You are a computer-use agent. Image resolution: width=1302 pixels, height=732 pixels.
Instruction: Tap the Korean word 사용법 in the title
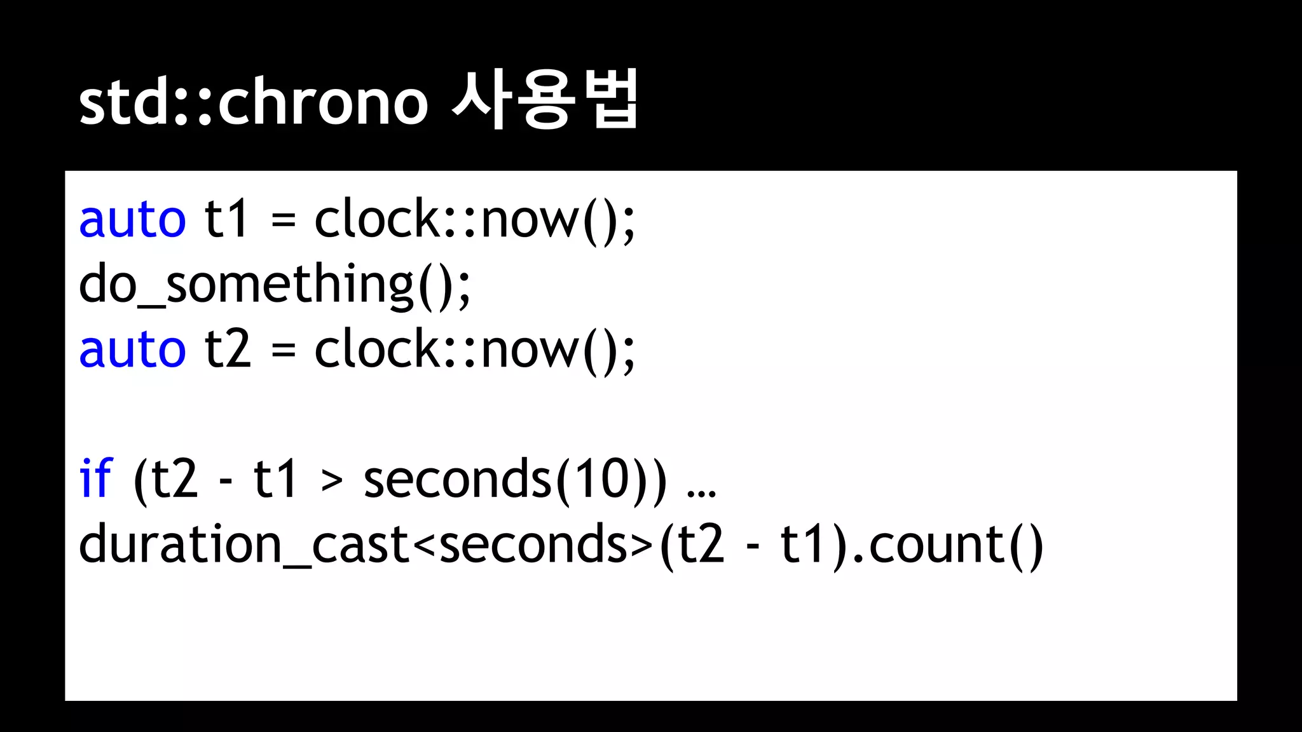click(545, 100)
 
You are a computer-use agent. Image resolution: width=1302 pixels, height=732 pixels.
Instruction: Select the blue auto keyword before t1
click(132, 219)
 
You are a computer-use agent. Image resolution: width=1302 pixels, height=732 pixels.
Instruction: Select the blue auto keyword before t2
click(132, 349)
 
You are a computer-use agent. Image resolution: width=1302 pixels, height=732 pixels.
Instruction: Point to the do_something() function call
click(274, 285)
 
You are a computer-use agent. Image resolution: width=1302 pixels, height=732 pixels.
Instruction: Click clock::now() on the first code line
click(474, 219)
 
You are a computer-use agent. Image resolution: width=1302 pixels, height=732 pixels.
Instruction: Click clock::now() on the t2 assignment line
click(474, 349)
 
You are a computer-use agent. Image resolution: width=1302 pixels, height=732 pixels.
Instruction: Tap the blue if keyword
click(95, 479)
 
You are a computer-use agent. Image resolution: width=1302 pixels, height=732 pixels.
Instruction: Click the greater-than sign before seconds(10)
click(332, 481)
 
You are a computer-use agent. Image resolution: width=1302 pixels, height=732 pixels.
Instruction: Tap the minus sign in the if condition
click(226, 482)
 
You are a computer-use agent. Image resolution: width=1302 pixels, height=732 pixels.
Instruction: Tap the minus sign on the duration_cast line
click(753, 547)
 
